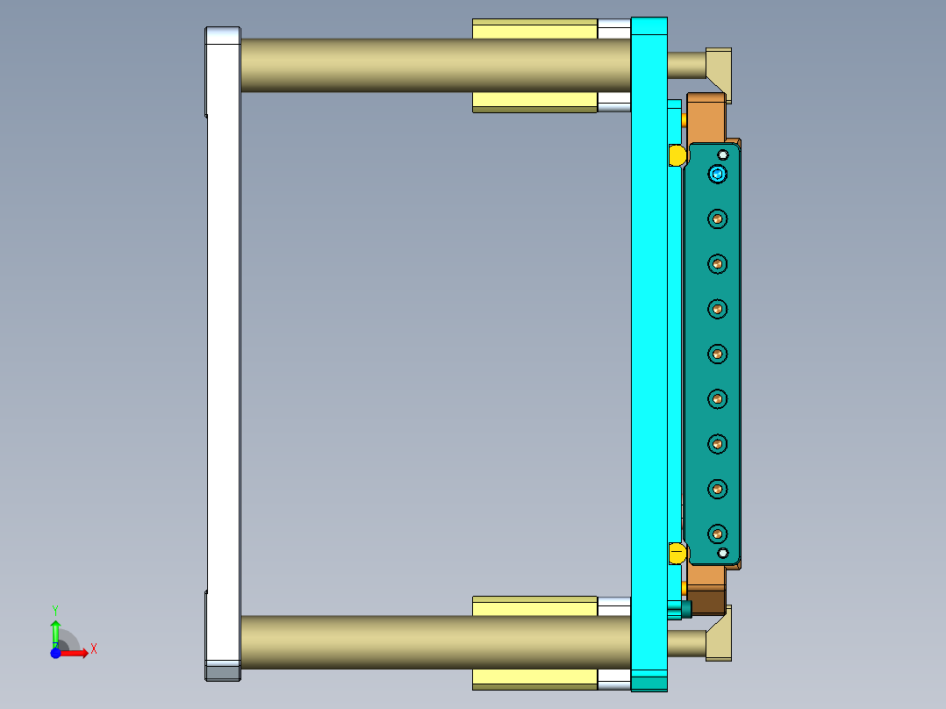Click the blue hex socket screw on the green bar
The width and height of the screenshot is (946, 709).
click(719, 174)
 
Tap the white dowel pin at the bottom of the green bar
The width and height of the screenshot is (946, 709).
click(723, 553)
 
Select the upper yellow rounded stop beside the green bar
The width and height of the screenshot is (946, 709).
click(677, 155)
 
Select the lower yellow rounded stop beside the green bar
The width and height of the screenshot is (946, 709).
click(677, 553)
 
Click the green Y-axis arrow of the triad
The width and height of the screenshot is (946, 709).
click(55, 630)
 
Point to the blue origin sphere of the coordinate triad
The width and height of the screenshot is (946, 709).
click(55, 653)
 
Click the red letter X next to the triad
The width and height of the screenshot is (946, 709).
click(93, 649)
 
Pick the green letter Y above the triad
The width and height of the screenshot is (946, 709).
click(55, 609)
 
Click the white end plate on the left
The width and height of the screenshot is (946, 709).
click(223, 351)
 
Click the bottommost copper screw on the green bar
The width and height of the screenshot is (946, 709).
click(718, 533)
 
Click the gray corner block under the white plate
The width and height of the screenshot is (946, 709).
click(223, 672)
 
